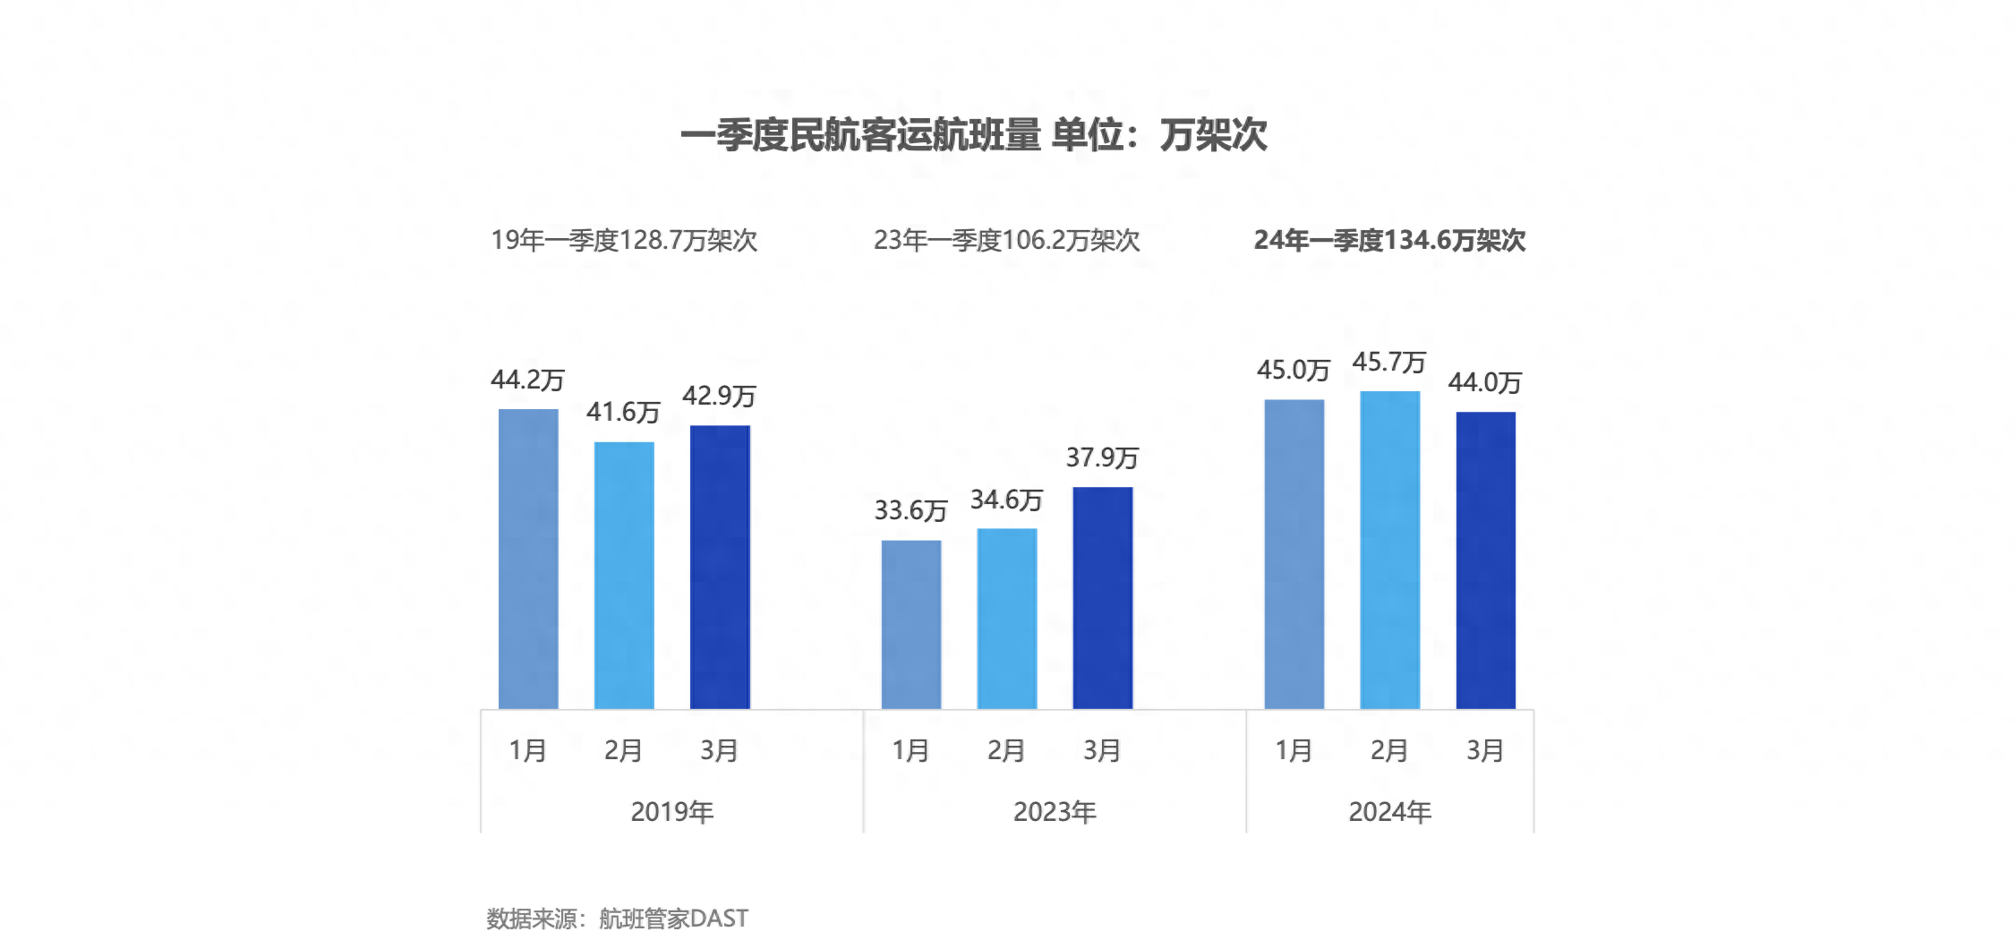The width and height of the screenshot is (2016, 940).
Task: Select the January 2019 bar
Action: coord(528,559)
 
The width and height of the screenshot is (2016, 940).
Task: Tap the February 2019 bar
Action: coord(624,575)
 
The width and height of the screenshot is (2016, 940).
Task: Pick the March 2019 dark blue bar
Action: coord(720,567)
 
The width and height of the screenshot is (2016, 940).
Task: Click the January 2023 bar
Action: coord(911,624)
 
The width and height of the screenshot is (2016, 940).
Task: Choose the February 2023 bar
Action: coord(1007,619)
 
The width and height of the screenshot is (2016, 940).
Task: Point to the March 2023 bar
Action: coord(1103,597)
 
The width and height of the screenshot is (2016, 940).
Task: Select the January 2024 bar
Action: coord(1294,554)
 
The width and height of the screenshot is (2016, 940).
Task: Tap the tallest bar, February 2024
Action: coord(1390,550)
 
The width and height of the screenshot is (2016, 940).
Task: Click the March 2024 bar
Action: coord(1486,560)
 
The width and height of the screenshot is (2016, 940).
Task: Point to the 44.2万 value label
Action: coord(527,380)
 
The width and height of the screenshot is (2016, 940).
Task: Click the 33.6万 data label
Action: coord(910,511)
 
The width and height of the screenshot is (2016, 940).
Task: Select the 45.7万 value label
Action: coord(1388,363)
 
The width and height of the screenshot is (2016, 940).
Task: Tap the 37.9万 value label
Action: coord(1102,458)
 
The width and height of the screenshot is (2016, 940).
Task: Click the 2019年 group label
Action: coord(671,812)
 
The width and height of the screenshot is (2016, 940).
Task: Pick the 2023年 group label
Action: coord(1055,812)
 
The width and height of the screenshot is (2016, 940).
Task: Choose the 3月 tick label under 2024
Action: coord(1484,750)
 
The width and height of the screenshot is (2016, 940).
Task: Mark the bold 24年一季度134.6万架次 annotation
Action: coord(1389,240)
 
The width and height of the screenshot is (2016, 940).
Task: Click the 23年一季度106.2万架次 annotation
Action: coord(1006,240)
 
